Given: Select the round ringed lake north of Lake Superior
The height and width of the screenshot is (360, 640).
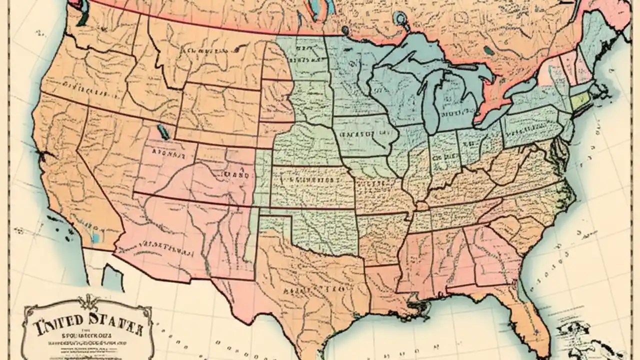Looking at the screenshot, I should (400, 19).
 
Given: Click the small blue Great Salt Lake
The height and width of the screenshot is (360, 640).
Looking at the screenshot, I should (162, 132).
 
